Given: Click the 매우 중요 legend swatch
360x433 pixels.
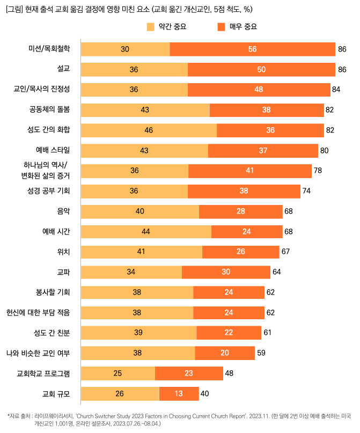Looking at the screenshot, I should (x=221, y=27).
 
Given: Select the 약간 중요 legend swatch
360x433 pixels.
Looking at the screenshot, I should (x=150, y=27).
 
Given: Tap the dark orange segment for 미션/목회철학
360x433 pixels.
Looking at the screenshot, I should (x=252, y=49).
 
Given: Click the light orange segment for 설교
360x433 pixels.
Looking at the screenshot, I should (x=134, y=70).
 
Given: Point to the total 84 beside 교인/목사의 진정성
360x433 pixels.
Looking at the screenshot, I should (x=336, y=90).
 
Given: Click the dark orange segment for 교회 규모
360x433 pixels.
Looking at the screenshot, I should (x=179, y=393).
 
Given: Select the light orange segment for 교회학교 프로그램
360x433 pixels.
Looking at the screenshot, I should (x=117, y=373).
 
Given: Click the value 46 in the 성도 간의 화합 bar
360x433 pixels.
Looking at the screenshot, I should (x=149, y=130).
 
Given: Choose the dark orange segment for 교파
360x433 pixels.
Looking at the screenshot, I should (x=226, y=272).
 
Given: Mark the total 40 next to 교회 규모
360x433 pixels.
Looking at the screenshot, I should (x=204, y=393).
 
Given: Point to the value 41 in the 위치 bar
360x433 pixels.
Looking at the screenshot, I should (x=141, y=252).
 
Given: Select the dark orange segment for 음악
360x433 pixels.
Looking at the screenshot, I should (x=240, y=211).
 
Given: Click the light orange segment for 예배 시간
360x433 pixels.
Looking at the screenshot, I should (x=145, y=231).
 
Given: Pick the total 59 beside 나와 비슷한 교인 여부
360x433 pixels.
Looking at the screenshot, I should (x=261, y=353).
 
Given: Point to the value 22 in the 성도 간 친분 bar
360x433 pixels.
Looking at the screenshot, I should (x=229, y=333).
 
